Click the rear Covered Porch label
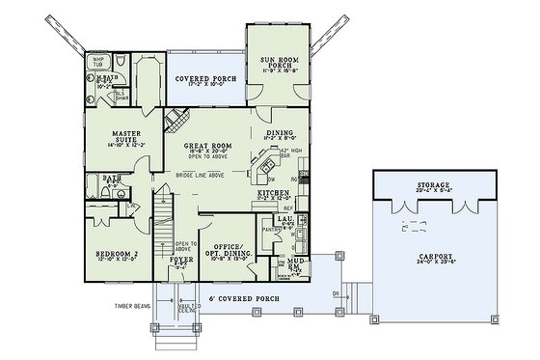[x=204, y=79]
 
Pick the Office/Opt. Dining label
[x=231, y=252]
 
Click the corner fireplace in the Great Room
[x=173, y=121]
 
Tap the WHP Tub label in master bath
[x=98, y=62]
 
